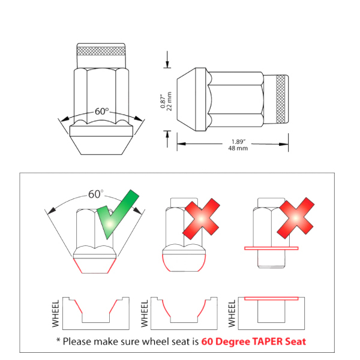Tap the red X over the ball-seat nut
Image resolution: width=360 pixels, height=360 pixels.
pyautogui.click(x=201, y=219)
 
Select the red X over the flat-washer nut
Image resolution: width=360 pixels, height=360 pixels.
pyautogui.click(x=295, y=218)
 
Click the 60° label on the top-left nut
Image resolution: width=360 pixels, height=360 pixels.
pyautogui.click(x=102, y=112)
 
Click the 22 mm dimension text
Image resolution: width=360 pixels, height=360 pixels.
pyautogui.click(x=169, y=101)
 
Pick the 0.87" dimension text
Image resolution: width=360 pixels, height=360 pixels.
pyautogui.click(x=163, y=101)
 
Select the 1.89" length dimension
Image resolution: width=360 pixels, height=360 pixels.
pyautogui.click(x=238, y=142)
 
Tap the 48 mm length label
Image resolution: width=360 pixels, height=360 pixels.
pyautogui.click(x=238, y=148)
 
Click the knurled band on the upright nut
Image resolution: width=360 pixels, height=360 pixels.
pyautogui.click(x=101, y=51)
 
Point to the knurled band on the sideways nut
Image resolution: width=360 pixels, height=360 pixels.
pyautogui.click(x=281, y=99)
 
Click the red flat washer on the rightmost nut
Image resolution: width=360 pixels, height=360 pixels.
pyautogui.click(x=271, y=248)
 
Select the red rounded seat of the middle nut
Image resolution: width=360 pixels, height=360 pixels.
pyautogui.click(x=184, y=263)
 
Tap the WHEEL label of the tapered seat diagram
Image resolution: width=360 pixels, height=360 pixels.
pyautogui.click(x=56, y=313)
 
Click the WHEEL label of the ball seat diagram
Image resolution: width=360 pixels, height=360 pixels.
pyautogui.click(x=145, y=313)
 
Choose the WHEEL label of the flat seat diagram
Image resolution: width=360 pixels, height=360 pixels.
pyautogui.click(x=232, y=313)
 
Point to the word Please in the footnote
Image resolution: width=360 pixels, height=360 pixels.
pyautogui.click(x=77, y=341)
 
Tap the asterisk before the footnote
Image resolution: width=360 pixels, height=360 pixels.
pyautogui.click(x=58, y=340)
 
